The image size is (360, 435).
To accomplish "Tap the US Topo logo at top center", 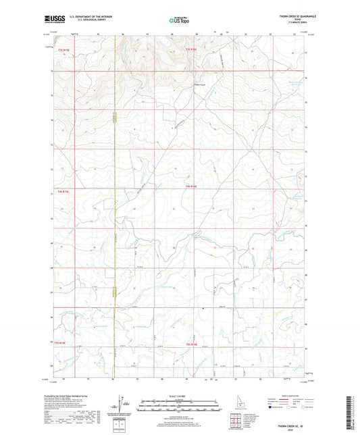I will coord(179,21).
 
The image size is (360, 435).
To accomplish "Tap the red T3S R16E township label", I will coord(192,49).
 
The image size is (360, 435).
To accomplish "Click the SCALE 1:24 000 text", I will coord(179,395).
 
